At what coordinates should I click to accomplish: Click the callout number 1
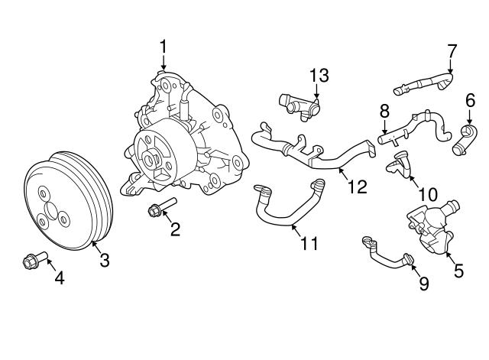click(163, 47)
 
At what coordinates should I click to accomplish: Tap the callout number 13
click(319, 75)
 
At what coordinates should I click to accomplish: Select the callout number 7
click(452, 51)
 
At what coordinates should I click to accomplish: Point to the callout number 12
click(357, 186)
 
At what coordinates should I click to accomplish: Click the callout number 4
click(58, 277)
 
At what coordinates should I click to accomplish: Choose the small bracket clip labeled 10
click(400, 164)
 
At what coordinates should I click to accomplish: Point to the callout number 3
click(104, 260)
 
